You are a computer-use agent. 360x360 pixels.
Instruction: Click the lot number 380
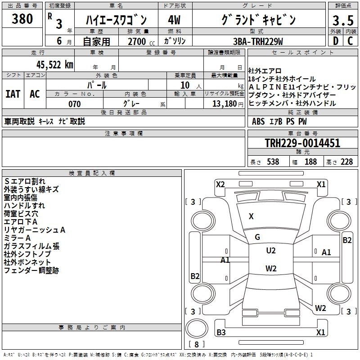22,19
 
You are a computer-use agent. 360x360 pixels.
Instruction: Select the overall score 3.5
342,21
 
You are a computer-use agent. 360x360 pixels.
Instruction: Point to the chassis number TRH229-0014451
302,143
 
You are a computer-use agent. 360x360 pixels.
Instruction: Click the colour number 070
74,104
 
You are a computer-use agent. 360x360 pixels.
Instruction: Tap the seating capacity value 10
185,85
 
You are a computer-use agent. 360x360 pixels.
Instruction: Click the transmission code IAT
13,94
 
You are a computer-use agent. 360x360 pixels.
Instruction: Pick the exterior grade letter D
335,41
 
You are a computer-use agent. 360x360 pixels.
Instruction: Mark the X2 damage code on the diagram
220,184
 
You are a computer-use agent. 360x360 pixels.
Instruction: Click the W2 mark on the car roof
271,269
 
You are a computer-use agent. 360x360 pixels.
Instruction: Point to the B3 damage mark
221,333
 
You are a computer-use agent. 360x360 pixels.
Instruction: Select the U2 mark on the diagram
271,251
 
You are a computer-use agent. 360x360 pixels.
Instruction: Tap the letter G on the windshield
257,237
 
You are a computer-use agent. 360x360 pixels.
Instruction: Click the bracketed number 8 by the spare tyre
196,345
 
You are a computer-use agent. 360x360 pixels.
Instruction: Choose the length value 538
273,162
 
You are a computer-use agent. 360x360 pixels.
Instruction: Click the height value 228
346,162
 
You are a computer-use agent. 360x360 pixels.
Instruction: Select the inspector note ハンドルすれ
24,206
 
